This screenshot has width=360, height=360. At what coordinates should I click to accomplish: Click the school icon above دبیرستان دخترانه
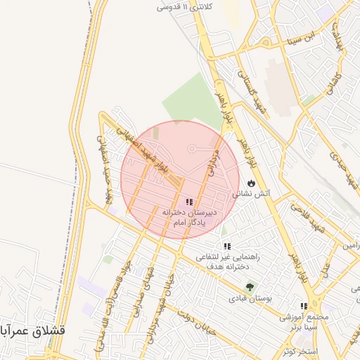188,202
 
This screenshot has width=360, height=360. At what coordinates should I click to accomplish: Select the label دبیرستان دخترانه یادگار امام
188,217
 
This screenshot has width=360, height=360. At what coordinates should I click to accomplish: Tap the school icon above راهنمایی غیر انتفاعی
227,246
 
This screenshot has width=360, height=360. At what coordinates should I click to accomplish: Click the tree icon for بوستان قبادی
250,286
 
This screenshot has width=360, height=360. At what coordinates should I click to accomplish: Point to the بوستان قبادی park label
250,298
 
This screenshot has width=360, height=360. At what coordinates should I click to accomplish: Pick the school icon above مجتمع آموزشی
304,307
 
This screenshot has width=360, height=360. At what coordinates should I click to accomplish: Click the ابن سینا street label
307,37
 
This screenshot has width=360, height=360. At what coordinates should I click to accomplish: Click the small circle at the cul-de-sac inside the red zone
191,148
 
